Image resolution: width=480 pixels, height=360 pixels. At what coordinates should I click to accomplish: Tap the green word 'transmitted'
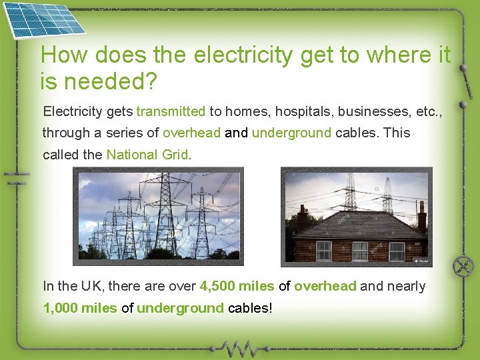point(171,111)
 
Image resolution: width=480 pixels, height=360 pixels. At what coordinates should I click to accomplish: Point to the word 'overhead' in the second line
point(191,133)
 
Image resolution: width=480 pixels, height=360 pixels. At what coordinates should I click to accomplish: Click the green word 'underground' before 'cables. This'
point(291,133)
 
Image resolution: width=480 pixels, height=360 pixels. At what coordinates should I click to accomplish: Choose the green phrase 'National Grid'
point(147,155)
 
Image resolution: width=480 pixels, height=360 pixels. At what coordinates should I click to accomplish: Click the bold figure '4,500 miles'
point(237,286)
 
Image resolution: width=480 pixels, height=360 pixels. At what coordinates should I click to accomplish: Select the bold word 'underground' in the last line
point(180,308)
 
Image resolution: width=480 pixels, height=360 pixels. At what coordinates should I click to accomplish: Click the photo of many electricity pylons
point(158,216)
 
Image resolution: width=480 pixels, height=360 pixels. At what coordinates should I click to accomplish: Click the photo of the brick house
point(356,216)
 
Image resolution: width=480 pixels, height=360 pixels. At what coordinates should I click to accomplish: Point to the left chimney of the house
point(302,217)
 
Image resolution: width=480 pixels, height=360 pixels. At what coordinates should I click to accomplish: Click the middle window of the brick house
point(360,251)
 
